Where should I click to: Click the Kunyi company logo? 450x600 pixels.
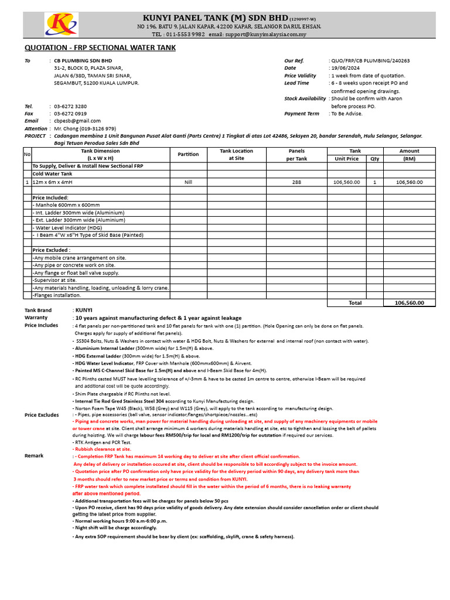click(x=61, y=24)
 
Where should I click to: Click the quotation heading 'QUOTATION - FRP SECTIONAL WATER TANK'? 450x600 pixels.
click(x=100, y=48)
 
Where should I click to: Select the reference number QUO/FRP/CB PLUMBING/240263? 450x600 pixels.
click(x=370, y=60)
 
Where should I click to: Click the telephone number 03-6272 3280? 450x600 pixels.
click(x=70, y=106)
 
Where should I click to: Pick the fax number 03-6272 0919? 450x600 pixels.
click(x=70, y=114)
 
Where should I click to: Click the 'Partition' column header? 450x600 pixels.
click(x=188, y=154)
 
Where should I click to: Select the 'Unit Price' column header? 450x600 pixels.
click(x=346, y=158)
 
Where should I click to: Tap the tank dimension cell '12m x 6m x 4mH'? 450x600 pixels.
click(x=53, y=182)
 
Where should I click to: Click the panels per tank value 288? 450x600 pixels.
click(x=296, y=182)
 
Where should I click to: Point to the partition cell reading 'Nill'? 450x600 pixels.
click(x=188, y=182)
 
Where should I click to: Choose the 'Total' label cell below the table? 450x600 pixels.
click(x=355, y=303)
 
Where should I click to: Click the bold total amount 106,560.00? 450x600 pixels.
click(x=409, y=303)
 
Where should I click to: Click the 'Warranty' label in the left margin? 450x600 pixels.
click(x=36, y=318)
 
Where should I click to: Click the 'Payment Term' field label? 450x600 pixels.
click(x=302, y=114)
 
